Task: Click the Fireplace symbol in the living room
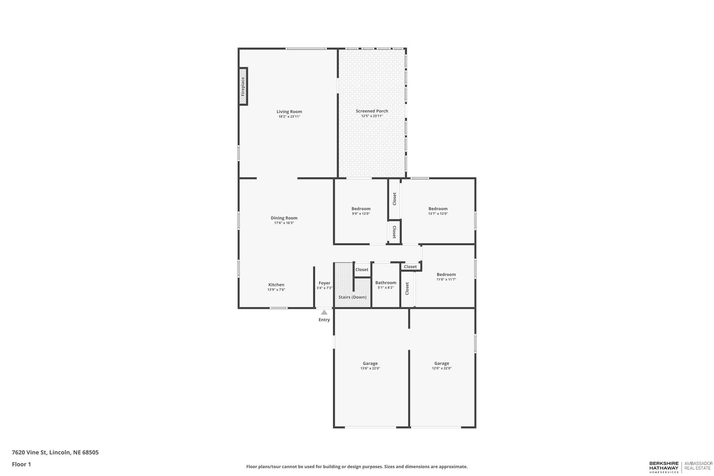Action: tap(243, 87)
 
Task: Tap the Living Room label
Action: tap(289, 112)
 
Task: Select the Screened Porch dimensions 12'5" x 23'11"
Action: tap(372, 116)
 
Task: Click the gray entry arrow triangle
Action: tap(324, 312)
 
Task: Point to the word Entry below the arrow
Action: tap(324, 320)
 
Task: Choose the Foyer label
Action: tap(324, 283)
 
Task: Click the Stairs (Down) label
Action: tap(352, 297)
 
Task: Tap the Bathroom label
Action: tap(386, 283)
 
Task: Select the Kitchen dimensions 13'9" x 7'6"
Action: tap(276, 290)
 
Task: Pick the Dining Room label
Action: tap(284, 218)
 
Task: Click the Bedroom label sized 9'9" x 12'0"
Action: tap(361, 208)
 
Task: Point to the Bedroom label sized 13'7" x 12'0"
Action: tap(438, 208)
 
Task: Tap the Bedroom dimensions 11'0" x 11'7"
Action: tap(446, 279)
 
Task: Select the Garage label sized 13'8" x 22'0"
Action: tap(370, 363)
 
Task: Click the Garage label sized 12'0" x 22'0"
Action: tap(441, 363)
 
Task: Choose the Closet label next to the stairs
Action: tap(362, 270)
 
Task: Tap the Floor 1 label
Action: tap(21, 464)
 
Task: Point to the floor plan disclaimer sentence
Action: tap(357, 467)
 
